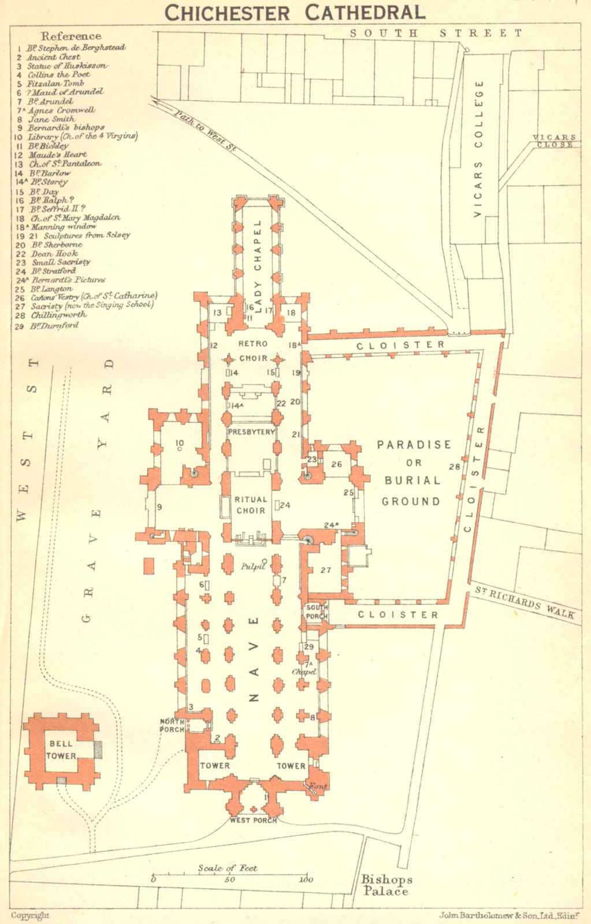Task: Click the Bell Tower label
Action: [61, 750]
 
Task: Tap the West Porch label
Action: [253, 820]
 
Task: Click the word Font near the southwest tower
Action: [318, 787]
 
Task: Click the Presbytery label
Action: [251, 432]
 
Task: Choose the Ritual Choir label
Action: [251, 505]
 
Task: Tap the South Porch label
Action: [317, 612]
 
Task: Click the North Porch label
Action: [172, 725]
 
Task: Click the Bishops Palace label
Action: [386, 885]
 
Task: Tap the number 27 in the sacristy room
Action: [326, 570]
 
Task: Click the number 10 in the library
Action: [179, 442]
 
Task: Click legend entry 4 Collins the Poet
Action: [50, 74]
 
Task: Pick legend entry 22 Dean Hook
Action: [47, 253]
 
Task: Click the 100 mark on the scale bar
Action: [306, 880]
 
